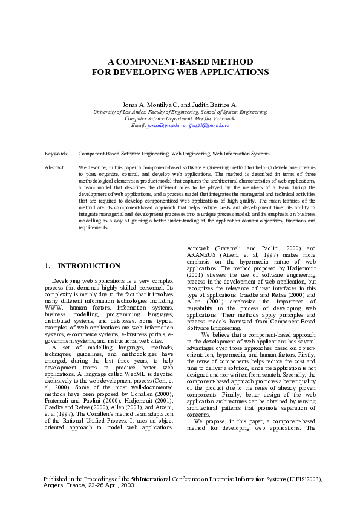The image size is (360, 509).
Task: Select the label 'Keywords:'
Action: [57, 155]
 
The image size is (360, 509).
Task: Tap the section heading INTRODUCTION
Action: [89, 266]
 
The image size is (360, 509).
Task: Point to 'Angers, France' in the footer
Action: [66, 485]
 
